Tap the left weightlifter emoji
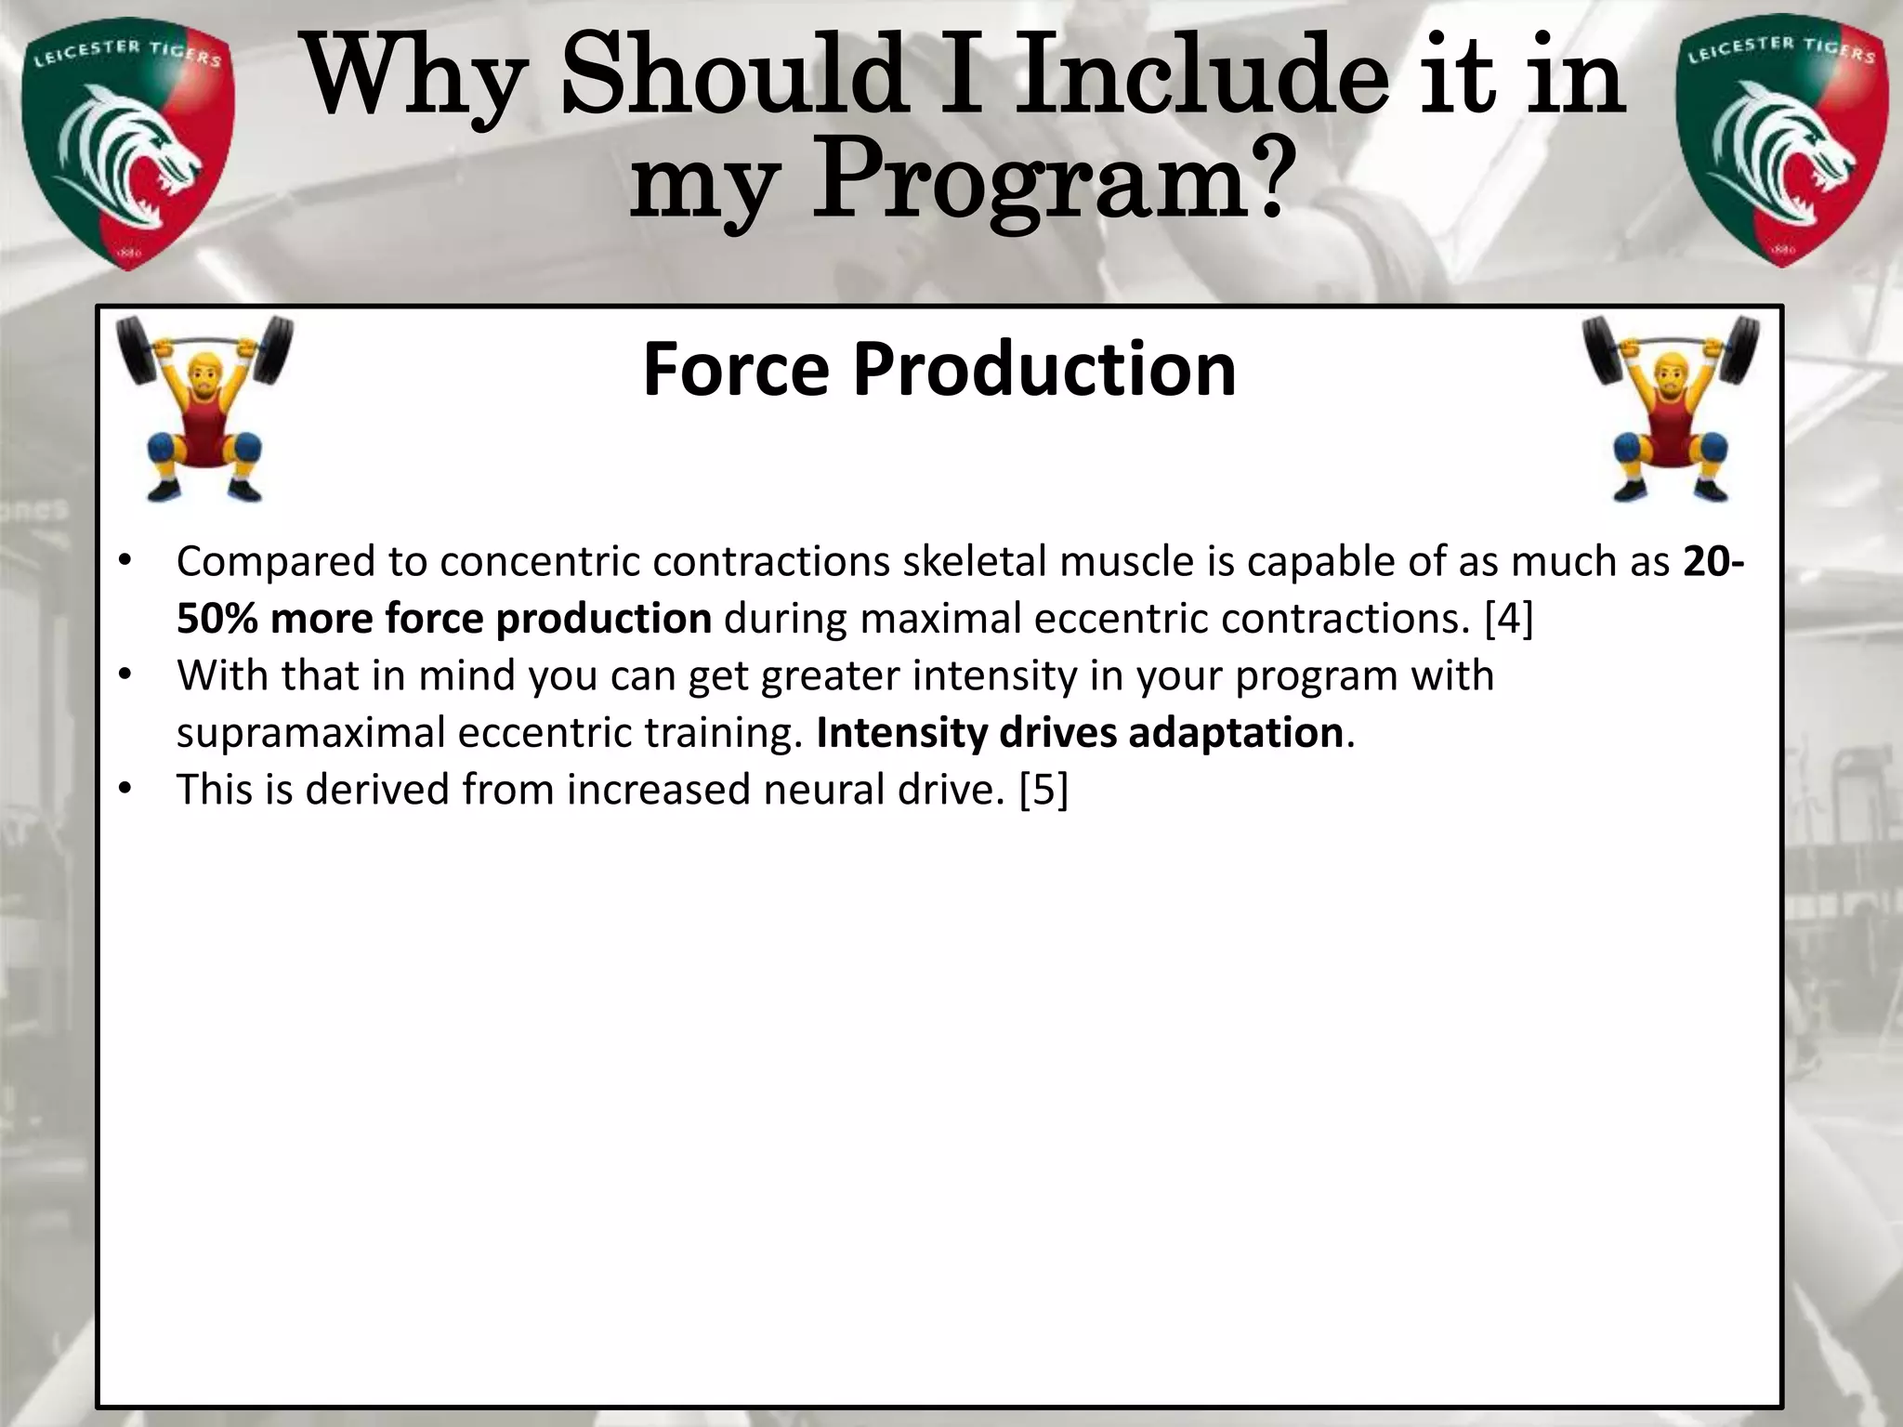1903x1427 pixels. click(x=203, y=409)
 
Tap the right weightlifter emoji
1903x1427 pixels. click(x=1670, y=409)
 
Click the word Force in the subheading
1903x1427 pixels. click(x=735, y=370)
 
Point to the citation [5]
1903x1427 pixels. click(x=1043, y=791)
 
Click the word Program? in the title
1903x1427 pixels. click(x=1054, y=177)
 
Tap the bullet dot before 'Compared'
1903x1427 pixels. click(x=125, y=562)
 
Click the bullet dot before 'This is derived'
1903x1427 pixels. click(x=125, y=791)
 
